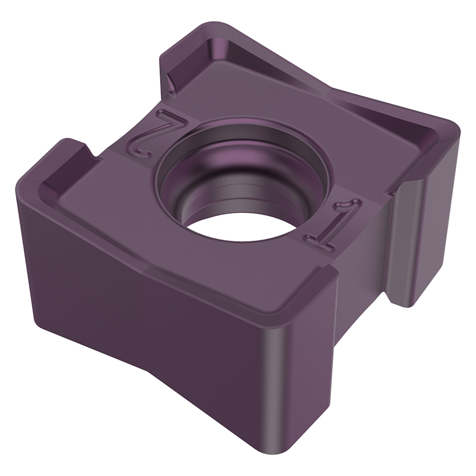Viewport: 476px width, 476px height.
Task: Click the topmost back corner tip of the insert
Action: [x=212, y=22]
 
